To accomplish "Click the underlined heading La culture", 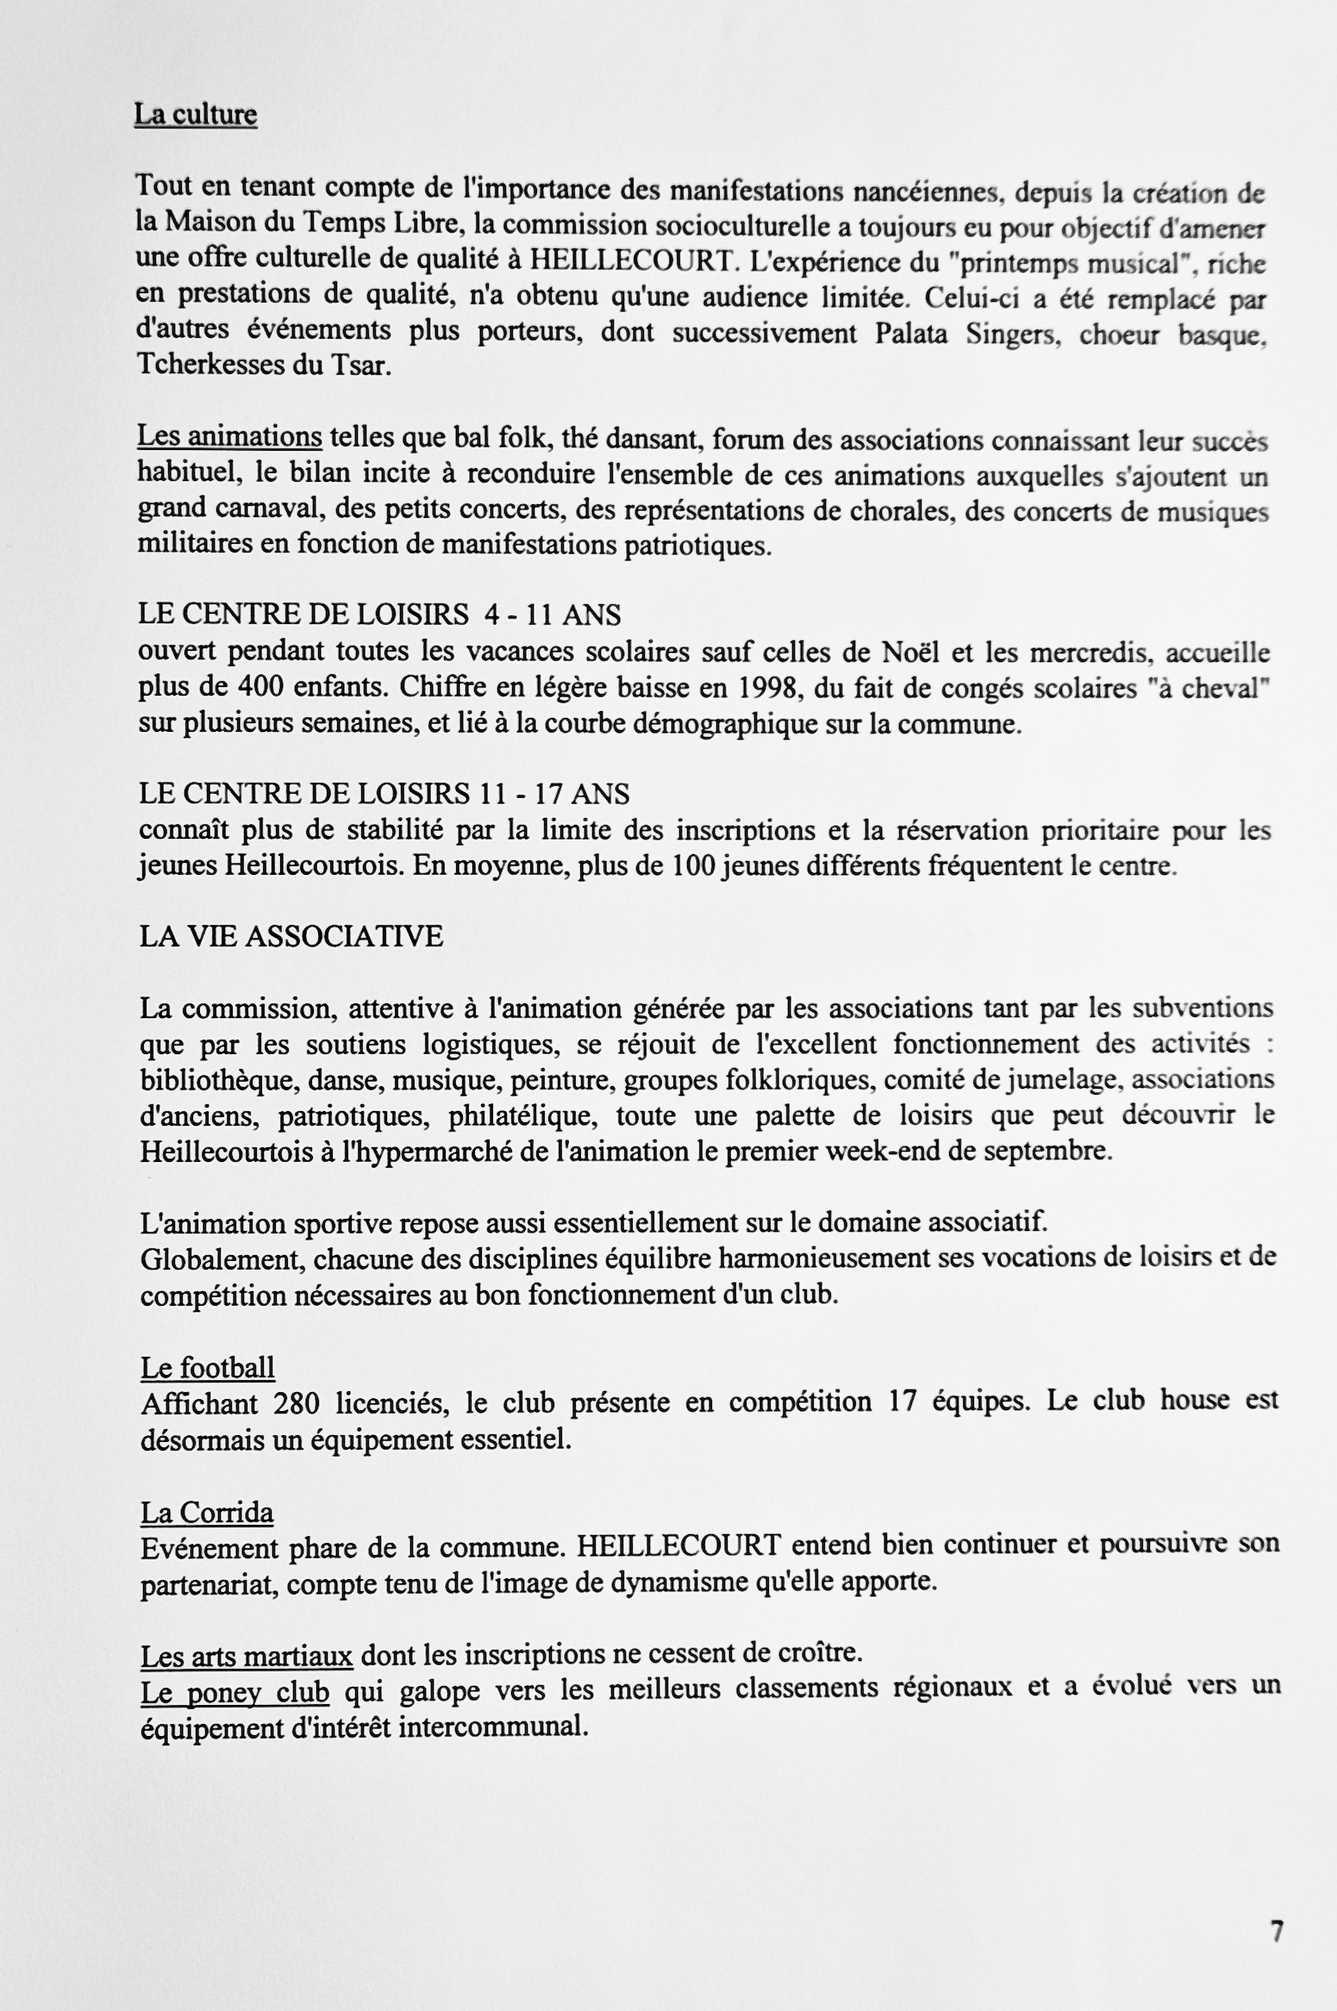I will coord(196,115).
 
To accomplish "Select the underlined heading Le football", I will coord(208,1367).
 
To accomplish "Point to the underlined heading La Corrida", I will coord(207,1512).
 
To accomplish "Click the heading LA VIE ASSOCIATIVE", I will coord(291,936).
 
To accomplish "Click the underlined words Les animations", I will coord(230,438).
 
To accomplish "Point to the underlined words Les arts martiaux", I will coord(247,1656).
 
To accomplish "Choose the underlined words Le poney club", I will coord(234,1692).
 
